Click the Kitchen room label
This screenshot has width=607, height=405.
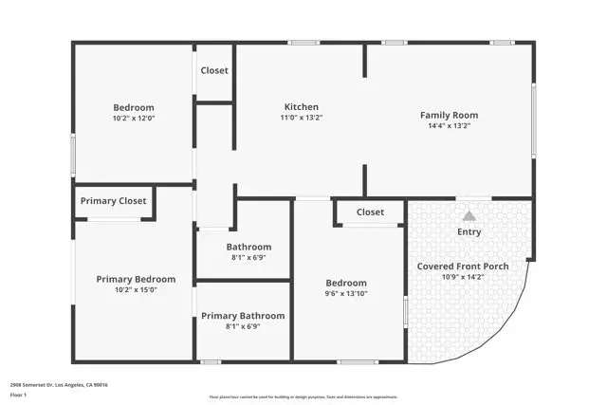(x=302, y=107)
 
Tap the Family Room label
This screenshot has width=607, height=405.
(x=450, y=116)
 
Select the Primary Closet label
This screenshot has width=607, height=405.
(x=113, y=201)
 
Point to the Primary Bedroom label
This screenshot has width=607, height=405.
(x=136, y=280)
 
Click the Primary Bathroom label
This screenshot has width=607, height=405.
(x=243, y=316)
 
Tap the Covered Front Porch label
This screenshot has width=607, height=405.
(x=463, y=267)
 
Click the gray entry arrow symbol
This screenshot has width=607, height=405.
(x=469, y=216)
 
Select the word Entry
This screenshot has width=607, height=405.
(x=469, y=231)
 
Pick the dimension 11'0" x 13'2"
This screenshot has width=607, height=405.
(x=302, y=118)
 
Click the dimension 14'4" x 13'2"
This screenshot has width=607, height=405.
(x=450, y=125)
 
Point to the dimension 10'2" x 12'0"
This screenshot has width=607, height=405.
(x=134, y=119)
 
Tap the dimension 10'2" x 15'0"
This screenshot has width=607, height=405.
(x=136, y=290)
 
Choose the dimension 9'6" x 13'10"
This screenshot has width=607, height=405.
(x=346, y=294)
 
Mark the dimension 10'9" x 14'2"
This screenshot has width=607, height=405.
(x=463, y=277)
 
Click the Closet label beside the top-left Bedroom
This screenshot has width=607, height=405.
(x=214, y=70)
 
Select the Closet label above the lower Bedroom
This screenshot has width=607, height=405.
(x=370, y=212)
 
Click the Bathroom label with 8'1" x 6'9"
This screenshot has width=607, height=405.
(x=248, y=247)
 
